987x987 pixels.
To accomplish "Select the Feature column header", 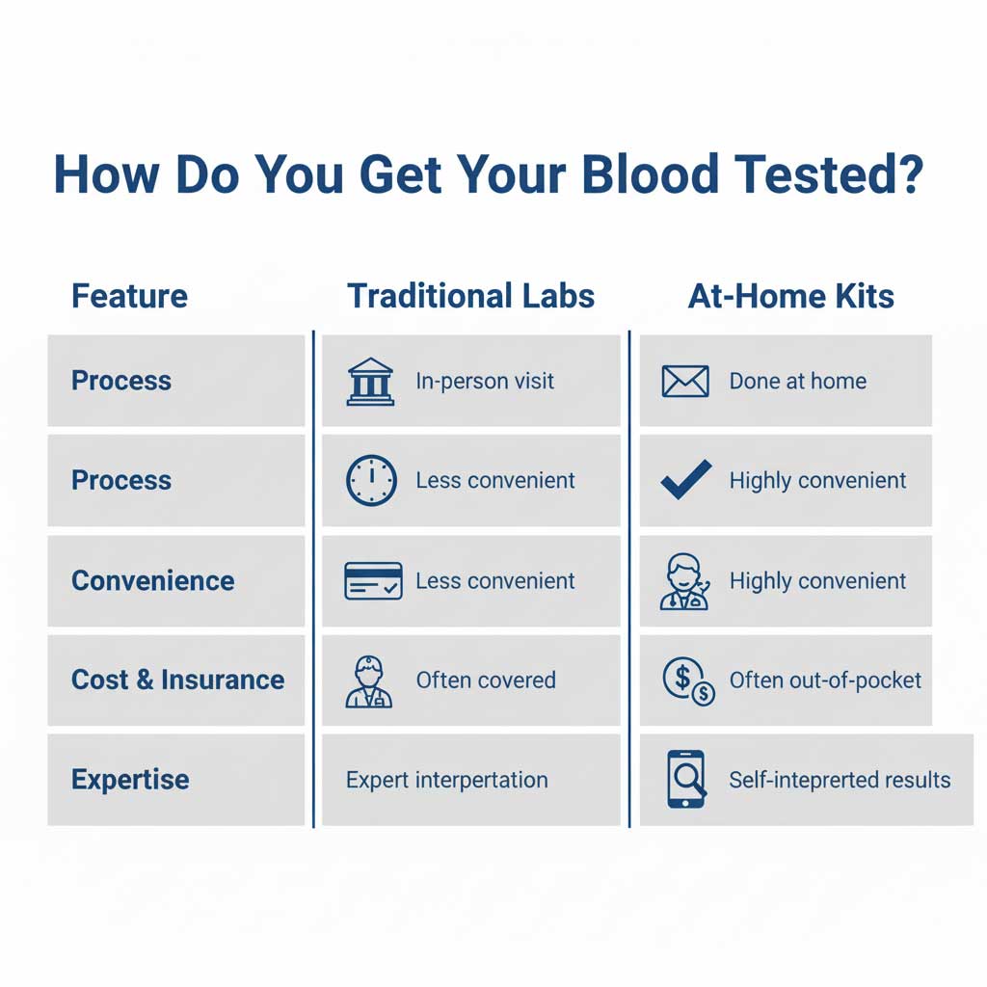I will [x=129, y=296].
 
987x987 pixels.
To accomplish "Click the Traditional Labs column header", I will [x=470, y=296].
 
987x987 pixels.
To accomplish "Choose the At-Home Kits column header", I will [x=790, y=296].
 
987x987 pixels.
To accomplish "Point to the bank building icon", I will [x=370, y=381].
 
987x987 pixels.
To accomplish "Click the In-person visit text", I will [x=485, y=381].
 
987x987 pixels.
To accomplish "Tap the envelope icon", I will [x=685, y=381].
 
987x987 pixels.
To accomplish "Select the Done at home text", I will [x=797, y=381].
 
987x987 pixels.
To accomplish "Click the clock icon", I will [x=370, y=480].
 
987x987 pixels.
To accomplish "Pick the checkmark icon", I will [x=686, y=479].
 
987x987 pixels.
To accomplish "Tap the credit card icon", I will [x=372, y=581].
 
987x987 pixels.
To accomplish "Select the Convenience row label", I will [x=152, y=581].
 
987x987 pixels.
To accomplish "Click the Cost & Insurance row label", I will [x=177, y=680].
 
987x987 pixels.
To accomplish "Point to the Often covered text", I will [x=486, y=680].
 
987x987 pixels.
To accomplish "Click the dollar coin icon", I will [x=688, y=680].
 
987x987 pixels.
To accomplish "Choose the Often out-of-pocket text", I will [x=825, y=680].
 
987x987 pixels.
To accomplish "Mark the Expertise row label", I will [x=130, y=779].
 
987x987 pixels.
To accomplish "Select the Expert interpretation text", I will [x=446, y=779].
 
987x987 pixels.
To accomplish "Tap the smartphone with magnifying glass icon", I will [x=686, y=779].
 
